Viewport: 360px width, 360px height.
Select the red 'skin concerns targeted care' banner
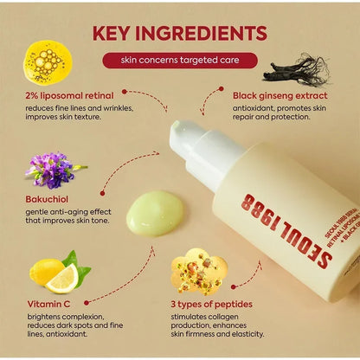coord(179,60)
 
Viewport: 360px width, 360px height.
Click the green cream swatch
coord(155,212)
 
